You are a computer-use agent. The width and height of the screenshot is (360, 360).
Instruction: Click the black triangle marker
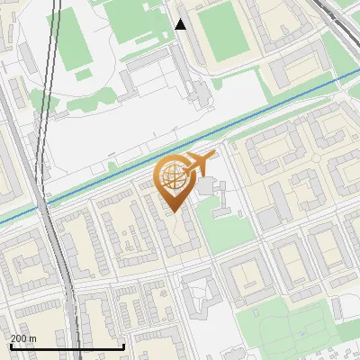coord(181,24)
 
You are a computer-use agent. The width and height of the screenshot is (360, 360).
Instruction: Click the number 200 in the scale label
coord(19,338)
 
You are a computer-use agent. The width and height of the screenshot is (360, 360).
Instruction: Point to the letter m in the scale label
coord(33,338)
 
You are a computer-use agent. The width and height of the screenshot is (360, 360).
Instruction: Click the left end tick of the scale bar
coord(9,346)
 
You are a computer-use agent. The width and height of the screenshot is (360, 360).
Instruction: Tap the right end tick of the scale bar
coord(124,346)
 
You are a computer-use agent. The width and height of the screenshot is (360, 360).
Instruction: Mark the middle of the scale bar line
coord(67,347)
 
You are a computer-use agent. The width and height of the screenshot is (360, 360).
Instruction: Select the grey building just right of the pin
coord(210,188)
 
